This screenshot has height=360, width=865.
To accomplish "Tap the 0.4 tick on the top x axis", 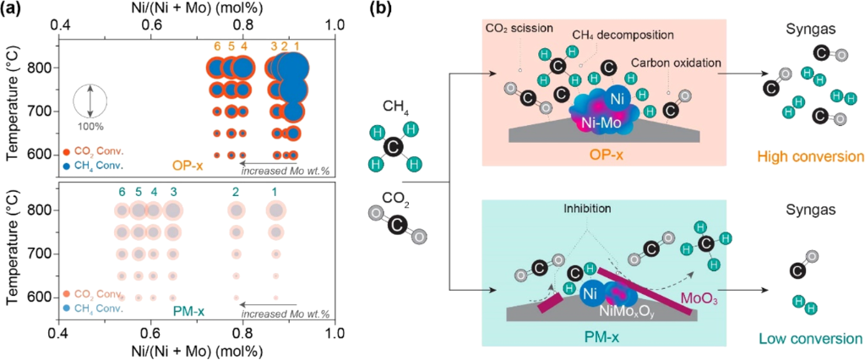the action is coord(61,25).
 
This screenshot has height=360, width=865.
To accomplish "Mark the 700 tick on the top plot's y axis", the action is coord(39,112).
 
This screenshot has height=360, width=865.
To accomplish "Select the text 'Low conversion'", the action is coord(818,338).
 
